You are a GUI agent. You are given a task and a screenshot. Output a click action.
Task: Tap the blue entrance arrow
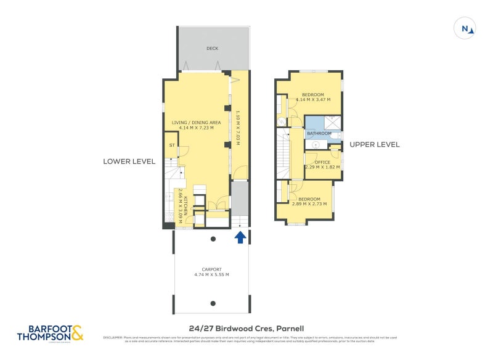(240, 237)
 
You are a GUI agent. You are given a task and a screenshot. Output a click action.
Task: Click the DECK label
(213, 48)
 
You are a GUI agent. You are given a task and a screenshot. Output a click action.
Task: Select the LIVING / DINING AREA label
(196, 123)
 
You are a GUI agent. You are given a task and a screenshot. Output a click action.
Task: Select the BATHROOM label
(319, 134)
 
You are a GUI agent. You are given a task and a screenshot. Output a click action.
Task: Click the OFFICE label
(323, 162)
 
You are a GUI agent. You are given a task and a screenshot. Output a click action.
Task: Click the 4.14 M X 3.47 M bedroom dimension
(313, 100)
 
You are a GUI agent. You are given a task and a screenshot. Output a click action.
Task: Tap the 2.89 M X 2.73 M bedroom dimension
(309, 204)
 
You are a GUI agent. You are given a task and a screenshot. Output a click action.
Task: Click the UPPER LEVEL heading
(375, 145)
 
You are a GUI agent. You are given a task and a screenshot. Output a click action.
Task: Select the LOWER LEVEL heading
(129, 162)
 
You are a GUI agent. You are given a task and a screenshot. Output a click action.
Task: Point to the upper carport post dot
(213, 239)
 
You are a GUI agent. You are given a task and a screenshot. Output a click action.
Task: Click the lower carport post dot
(213, 303)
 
